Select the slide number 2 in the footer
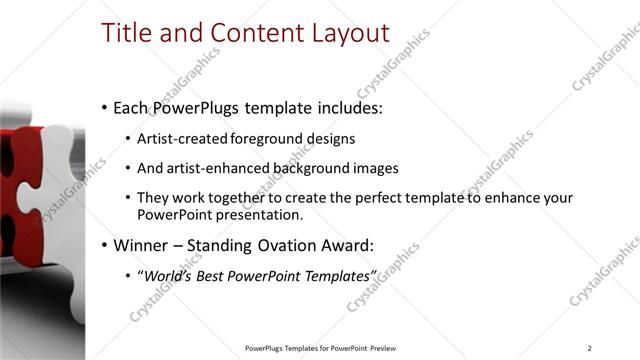(590, 348)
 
